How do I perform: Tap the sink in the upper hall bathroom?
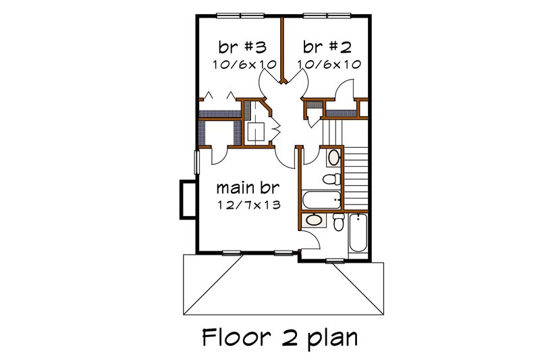(x=333, y=159)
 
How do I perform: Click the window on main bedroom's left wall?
(x=196, y=163)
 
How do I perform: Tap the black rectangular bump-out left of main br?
(x=184, y=199)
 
